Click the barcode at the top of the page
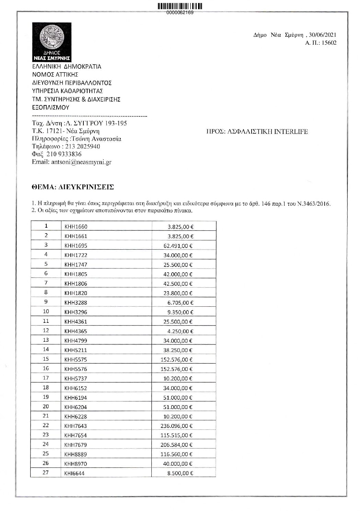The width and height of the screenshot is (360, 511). pos(180,6)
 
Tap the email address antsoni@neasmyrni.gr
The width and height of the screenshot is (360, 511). pos(81,162)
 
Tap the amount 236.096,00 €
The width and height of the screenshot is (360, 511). pos(176,426)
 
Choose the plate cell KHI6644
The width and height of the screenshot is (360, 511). pos(74,473)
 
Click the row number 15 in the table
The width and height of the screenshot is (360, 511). pos(46,359)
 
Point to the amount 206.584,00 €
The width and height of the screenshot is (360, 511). pos(176,445)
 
